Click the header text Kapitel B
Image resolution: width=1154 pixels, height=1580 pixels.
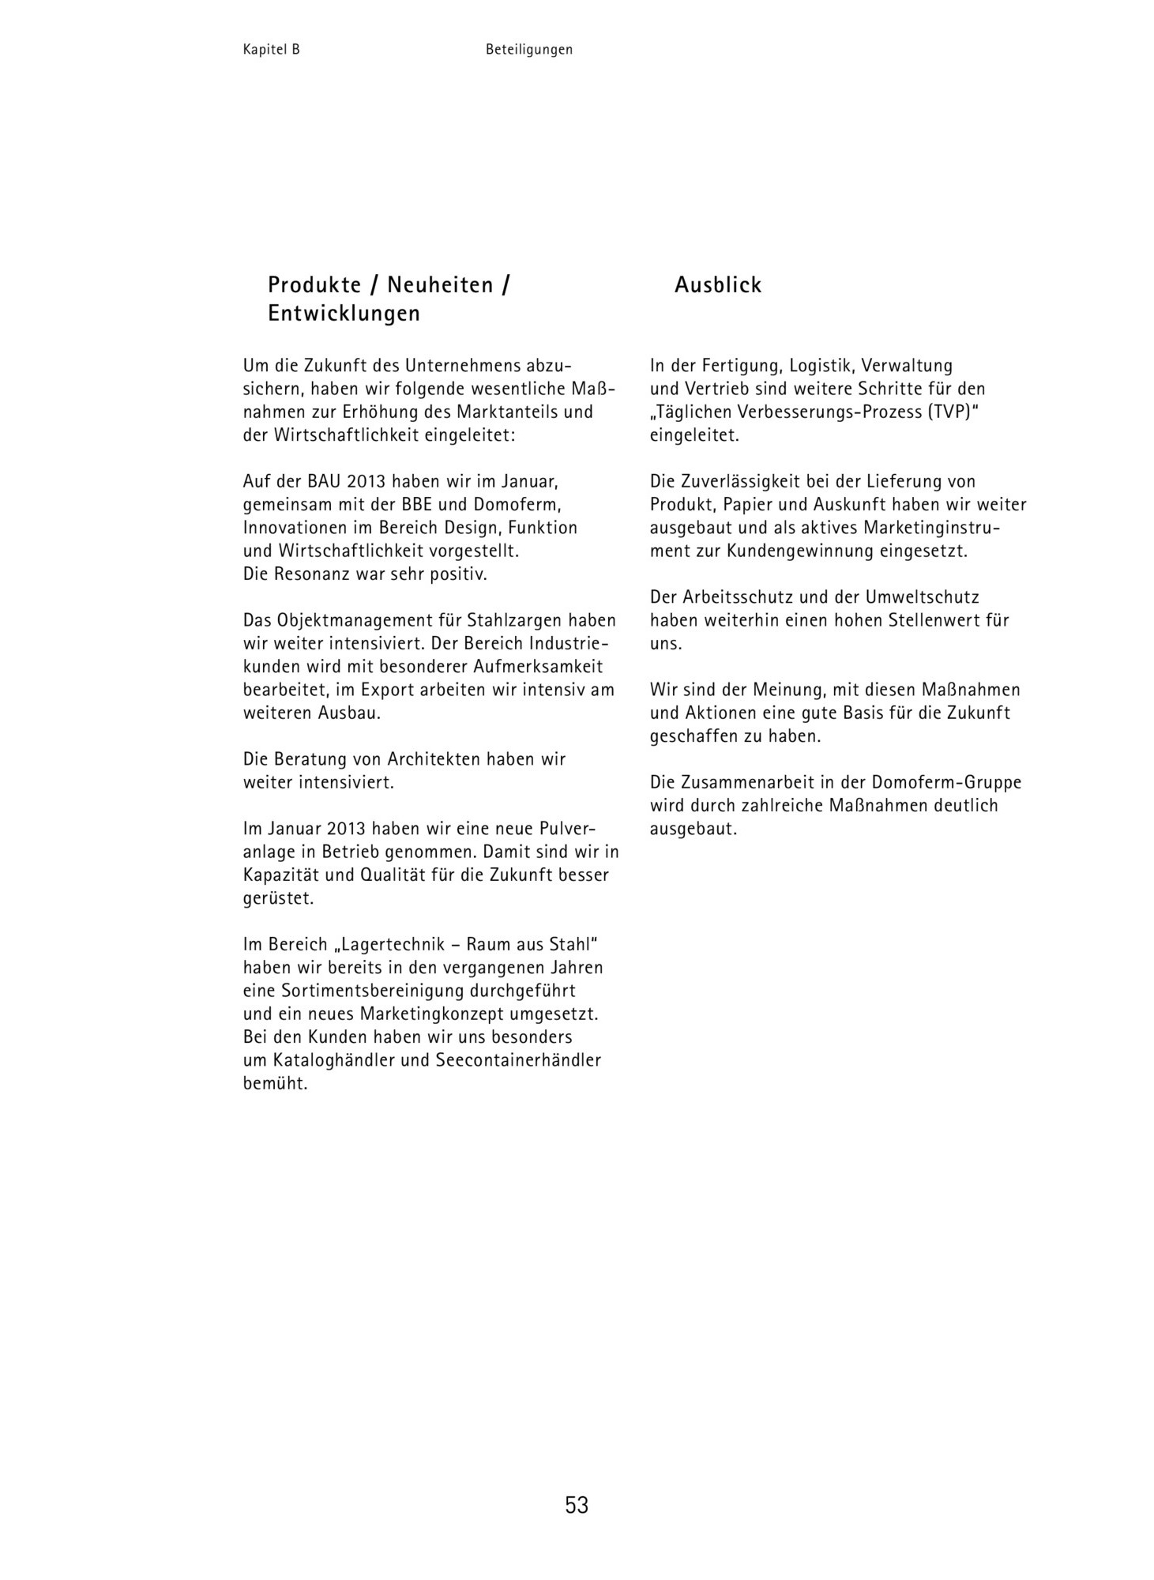271,50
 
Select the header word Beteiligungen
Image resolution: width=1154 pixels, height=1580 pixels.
529,50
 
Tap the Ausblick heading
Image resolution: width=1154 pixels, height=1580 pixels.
717,285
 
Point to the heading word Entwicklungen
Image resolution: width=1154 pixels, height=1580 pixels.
344,314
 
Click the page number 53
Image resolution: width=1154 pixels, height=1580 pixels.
577,1505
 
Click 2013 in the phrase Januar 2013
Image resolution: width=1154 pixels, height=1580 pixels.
345,829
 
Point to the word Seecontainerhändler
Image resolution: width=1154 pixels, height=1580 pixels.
518,1060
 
